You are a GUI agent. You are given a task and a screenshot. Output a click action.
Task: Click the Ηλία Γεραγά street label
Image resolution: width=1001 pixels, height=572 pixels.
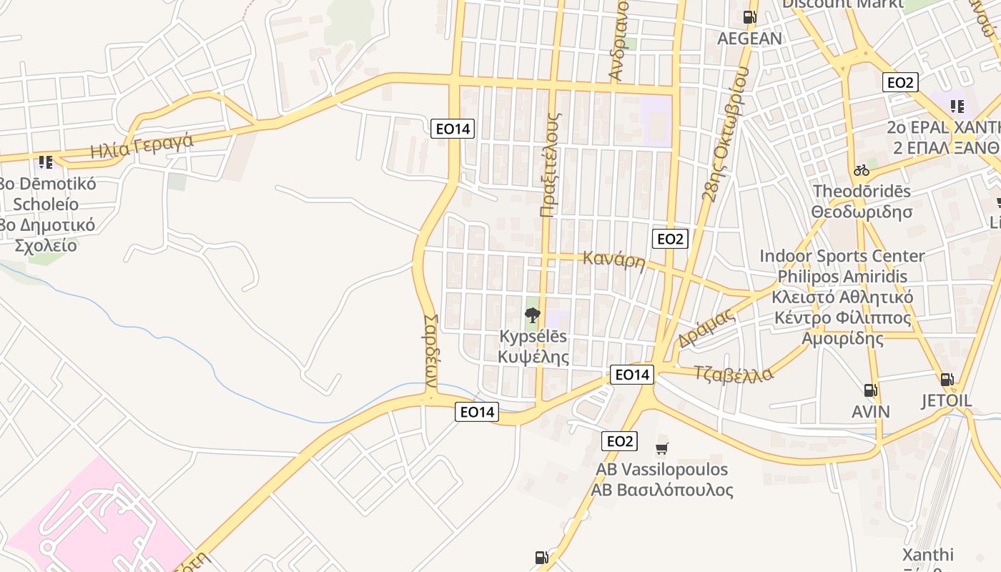(x=142, y=146)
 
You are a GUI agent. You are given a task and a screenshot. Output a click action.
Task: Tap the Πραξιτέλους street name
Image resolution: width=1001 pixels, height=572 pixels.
(x=549, y=164)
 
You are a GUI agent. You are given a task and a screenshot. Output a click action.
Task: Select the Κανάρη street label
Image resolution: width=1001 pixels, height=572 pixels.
(x=613, y=259)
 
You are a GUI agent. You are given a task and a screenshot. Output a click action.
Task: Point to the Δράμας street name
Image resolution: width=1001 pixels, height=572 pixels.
(x=706, y=327)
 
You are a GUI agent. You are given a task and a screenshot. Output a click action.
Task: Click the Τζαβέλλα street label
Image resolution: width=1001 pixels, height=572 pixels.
(x=734, y=374)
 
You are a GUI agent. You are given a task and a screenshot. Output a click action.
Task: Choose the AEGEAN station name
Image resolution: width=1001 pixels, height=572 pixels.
(x=749, y=39)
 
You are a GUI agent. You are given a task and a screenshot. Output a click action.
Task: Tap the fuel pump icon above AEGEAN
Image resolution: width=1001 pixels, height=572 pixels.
(x=749, y=16)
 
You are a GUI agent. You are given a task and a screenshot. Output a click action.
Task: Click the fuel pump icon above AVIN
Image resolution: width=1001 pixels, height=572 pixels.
(x=870, y=390)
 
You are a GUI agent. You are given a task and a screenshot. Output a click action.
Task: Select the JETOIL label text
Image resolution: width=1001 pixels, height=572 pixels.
(x=947, y=400)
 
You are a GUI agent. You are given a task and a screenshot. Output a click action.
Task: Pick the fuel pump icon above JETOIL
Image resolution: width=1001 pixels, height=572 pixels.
(x=947, y=379)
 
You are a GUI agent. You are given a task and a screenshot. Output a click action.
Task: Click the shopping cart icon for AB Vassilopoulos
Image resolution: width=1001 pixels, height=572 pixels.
(x=662, y=449)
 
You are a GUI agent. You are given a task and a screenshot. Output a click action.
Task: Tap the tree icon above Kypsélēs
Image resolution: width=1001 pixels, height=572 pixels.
(x=532, y=315)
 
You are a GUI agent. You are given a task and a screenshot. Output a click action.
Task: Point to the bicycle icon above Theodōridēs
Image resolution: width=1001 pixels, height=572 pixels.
(x=862, y=170)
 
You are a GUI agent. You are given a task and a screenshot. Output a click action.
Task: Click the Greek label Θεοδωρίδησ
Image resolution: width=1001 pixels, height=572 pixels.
(x=862, y=212)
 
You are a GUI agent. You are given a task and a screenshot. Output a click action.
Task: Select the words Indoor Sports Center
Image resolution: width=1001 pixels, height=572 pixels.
(x=842, y=256)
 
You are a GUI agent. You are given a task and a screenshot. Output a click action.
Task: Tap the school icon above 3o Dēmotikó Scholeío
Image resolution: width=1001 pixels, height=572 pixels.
(x=46, y=162)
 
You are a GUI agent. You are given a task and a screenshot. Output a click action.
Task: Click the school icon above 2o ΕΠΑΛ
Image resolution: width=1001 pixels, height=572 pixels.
(x=957, y=107)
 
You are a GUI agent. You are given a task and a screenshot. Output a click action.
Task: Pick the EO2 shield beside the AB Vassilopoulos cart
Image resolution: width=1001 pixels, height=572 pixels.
(x=619, y=441)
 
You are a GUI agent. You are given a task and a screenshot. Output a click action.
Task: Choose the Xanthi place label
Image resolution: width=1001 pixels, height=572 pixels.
(x=927, y=555)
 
